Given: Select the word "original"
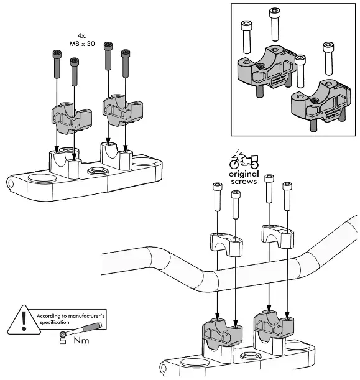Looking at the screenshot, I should coord(244,174).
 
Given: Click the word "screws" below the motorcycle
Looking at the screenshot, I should coord(244,182).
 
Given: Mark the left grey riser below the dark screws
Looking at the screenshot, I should coord(66,118).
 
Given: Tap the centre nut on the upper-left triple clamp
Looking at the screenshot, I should coord(98,170).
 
